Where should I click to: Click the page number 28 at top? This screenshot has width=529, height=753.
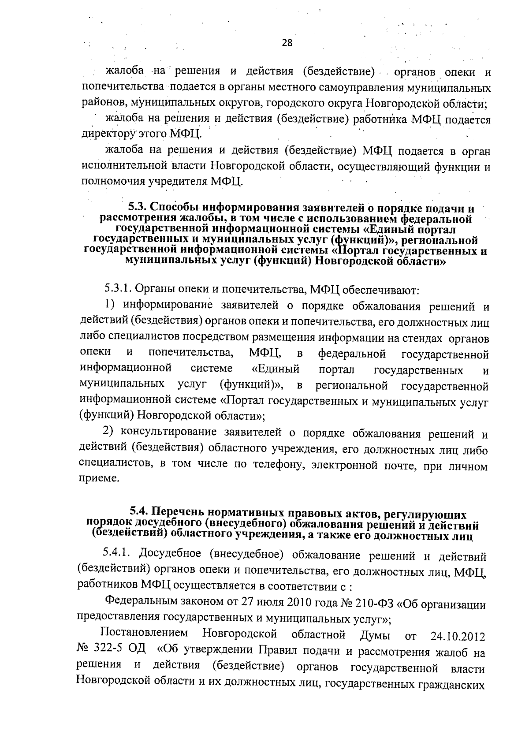[287, 43]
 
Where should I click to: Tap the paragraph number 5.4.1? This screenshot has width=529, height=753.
[115, 553]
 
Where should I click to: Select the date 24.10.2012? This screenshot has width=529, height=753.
[456, 637]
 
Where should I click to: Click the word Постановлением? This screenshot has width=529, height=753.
[144, 634]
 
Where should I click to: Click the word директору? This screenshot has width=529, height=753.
[104, 133]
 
